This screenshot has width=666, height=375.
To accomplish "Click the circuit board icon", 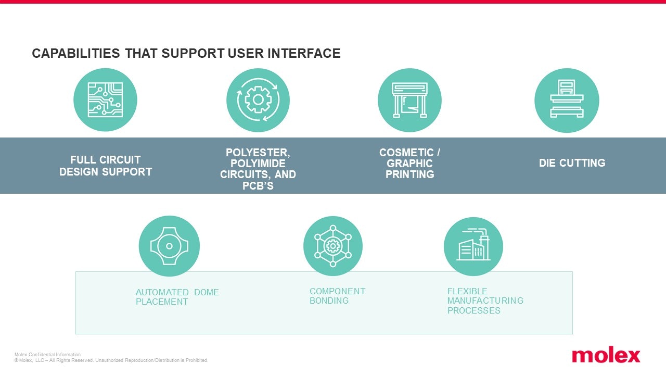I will pyautogui.click(x=105, y=100).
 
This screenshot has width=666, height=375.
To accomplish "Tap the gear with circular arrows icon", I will pyautogui.click(x=258, y=100).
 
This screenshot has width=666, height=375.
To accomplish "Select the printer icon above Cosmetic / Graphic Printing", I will pyautogui.click(x=409, y=100).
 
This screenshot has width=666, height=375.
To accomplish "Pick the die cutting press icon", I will pyautogui.click(x=567, y=100).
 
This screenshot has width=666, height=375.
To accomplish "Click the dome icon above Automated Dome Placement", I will pyautogui.click(x=169, y=246).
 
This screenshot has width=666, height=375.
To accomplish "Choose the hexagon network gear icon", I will pyautogui.click(x=333, y=246).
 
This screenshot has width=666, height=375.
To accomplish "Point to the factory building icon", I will pyautogui.click(x=473, y=246).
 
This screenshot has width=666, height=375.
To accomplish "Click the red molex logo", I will pyautogui.click(x=606, y=356).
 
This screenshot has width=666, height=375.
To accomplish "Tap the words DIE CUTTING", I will pyautogui.click(x=572, y=163).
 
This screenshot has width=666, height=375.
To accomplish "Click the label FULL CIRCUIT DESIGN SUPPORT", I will pyautogui.click(x=106, y=166).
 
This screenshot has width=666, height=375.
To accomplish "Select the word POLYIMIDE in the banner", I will pyautogui.click(x=258, y=164).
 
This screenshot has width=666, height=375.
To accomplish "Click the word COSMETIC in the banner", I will pyautogui.click(x=406, y=153).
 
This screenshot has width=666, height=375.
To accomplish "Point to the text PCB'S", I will pyautogui.click(x=258, y=185).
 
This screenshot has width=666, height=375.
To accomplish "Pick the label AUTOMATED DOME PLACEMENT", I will pyautogui.click(x=177, y=297).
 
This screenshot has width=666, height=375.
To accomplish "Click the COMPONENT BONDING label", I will pyautogui.click(x=337, y=296).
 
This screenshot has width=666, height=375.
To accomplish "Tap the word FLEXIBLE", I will pyautogui.click(x=467, y=291).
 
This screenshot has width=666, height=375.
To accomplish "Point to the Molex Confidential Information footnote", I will pyautogui.click(x=47, y=355).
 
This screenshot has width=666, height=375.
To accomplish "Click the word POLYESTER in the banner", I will pyautogui.click(x=258, y=153).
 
